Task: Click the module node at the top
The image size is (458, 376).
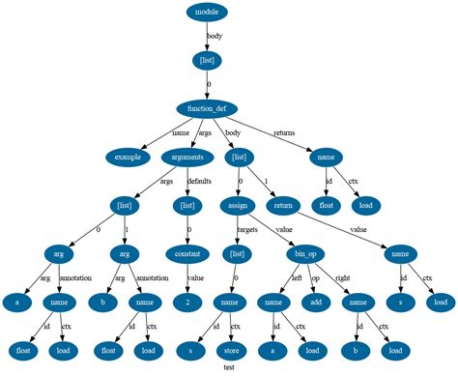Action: coord(207,13)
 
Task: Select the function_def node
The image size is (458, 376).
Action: coord(207,108)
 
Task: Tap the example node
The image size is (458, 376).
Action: coord(128,156)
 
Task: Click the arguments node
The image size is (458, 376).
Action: coord(187,156)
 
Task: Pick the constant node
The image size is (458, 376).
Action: coord(187,254)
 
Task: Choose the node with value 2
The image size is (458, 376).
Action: coord(187,302)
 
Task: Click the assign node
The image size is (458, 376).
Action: coord(239,206)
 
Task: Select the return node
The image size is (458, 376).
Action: coord(283,206)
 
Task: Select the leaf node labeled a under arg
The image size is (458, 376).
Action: coord(16,302)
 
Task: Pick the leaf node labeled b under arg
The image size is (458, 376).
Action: coord(105,302)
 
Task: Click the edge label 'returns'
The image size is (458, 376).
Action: coord(284,132)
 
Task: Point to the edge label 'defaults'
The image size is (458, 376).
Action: coord(199,181)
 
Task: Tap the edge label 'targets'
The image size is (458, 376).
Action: coord(247,230)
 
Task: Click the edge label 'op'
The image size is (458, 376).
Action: coord(314,278)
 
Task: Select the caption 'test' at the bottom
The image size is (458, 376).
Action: coord(229,368)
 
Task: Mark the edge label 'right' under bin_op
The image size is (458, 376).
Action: coord(342,278)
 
